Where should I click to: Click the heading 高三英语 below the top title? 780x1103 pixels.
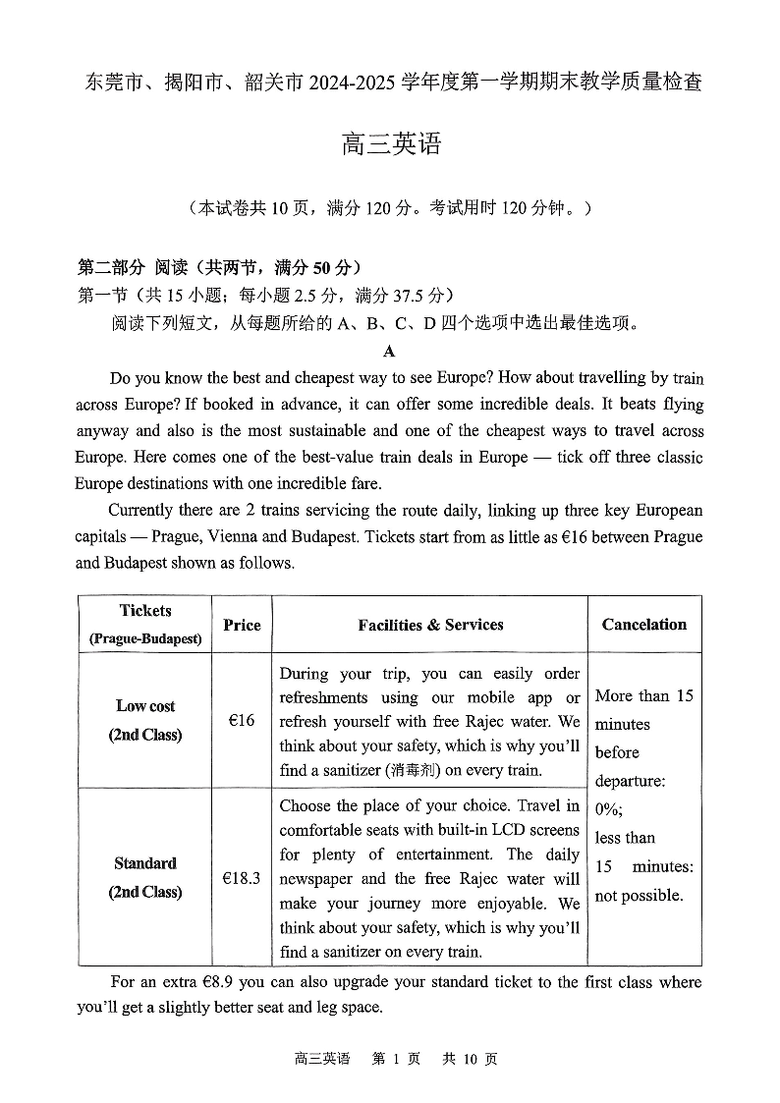tap(390, 145)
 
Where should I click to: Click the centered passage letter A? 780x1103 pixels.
tap(389, 351)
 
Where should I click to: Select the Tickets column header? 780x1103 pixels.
tap(144, 611)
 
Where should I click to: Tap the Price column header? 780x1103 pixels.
tap(242, 625)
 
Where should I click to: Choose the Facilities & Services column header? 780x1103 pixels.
tap(430, 625)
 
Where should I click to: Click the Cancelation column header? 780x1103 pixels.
tap(644, 625)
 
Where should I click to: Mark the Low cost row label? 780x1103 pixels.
tap(145, 705)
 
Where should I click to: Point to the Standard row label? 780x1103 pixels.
tap(145, 863)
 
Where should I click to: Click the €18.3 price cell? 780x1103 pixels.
tap(242, 878)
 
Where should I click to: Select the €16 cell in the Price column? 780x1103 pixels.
tap(242, 720)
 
